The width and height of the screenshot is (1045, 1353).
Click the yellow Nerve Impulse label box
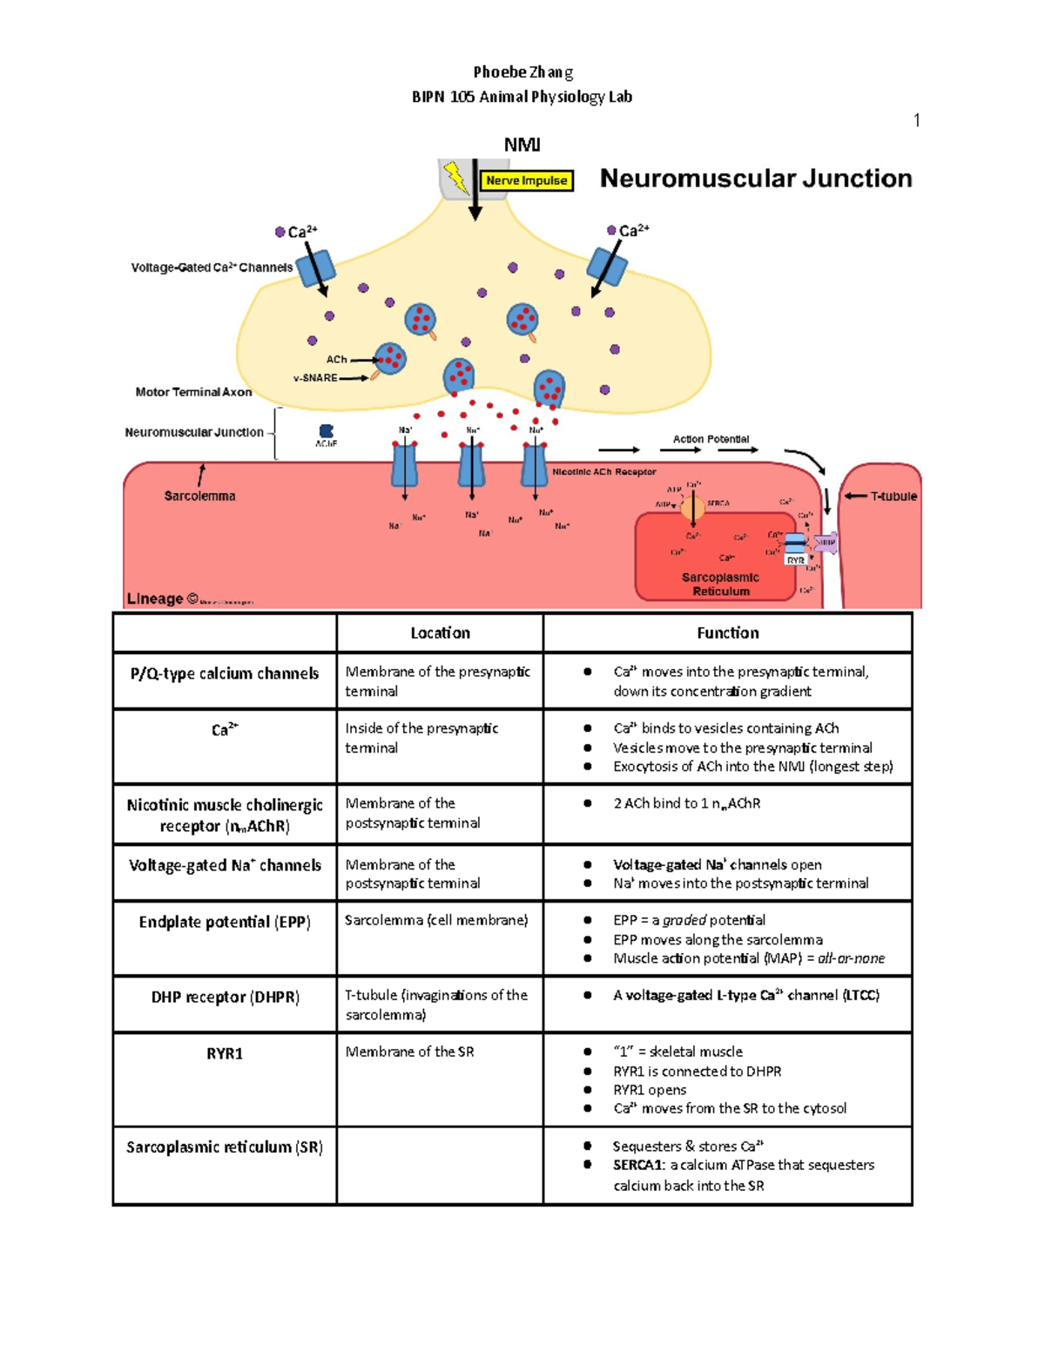click(x=527, y=181)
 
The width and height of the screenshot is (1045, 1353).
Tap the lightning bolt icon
click(x=455, y=177)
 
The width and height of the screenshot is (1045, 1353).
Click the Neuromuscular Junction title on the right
click(x=756, y=179)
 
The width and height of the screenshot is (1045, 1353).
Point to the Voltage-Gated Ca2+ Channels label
click(x=212, y=267)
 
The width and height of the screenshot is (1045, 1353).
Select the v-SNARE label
click(x=315, y=378)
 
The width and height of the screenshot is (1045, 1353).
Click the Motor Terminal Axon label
click(x=193, y=392)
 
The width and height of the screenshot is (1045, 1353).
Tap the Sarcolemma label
click(x=199, y=496)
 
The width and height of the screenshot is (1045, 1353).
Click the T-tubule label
click(x=893, y=497)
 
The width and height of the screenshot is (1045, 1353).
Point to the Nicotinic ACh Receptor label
click(x=604, y=471)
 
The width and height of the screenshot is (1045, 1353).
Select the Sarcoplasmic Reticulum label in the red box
click(x=720, y=584)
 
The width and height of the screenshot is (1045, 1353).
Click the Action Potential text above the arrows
click(x=711, y=439)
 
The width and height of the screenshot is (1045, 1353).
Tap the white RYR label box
click(x=795, y=560)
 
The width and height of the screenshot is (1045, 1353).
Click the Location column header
click(x=440, y=633)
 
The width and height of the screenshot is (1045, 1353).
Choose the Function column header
click(x=727, y=633)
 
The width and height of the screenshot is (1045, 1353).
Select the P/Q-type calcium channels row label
click(x=225, y=673)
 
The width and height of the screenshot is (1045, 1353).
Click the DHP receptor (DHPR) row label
click(x=225, y=997)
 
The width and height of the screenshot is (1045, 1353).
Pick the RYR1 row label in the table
click(x=225, y=1053)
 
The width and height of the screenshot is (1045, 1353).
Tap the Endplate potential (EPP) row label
click(x=225, y=922)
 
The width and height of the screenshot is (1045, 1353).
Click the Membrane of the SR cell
click(x=409, y=1052)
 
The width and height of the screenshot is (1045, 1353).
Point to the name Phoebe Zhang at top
click(x=522, y=72)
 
